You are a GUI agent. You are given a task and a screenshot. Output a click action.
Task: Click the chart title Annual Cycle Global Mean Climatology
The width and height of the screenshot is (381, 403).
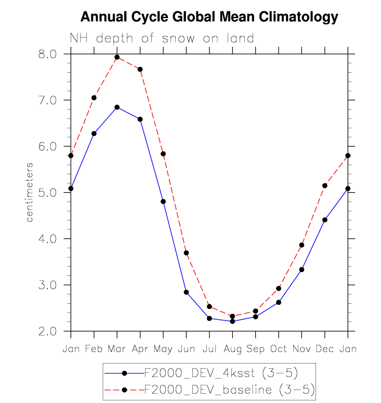click(x=209, y=17)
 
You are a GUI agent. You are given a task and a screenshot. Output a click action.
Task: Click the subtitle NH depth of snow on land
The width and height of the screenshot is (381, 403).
click(x=162, y=38)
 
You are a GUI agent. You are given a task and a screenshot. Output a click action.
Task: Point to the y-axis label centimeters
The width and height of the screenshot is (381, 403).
click(x=30, y=192)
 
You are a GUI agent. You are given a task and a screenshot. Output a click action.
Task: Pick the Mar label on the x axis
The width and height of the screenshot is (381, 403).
click(x=117, y=348)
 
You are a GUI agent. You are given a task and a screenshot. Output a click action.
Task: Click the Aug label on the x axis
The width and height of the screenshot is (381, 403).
click(x=232, y=348)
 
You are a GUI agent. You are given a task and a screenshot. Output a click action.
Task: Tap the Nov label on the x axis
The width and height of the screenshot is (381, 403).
click(x=301, y=348)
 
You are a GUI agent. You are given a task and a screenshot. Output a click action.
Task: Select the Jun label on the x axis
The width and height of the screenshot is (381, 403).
click(x=186, y=348)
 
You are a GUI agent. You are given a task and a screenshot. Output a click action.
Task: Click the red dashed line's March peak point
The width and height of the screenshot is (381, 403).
click(x=117, y=57)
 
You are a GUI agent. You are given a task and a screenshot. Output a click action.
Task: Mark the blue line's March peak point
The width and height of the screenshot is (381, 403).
click(x=117, y=107)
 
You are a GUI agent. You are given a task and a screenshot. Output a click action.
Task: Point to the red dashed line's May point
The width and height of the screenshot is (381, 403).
click(x=163, y=154)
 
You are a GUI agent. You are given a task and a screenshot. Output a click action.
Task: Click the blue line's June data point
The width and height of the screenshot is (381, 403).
click(x=186, y=292)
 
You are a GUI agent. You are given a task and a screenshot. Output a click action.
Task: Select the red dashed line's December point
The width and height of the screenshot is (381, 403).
click(x=325, y=185)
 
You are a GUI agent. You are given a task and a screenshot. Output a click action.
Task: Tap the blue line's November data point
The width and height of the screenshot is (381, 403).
click(x=301, y=270)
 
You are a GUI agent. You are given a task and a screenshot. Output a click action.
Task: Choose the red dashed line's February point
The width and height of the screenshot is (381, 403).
click(x=94, y=98)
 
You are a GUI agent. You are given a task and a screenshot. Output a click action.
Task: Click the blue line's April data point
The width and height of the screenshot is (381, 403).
click(x=140, y=119)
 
